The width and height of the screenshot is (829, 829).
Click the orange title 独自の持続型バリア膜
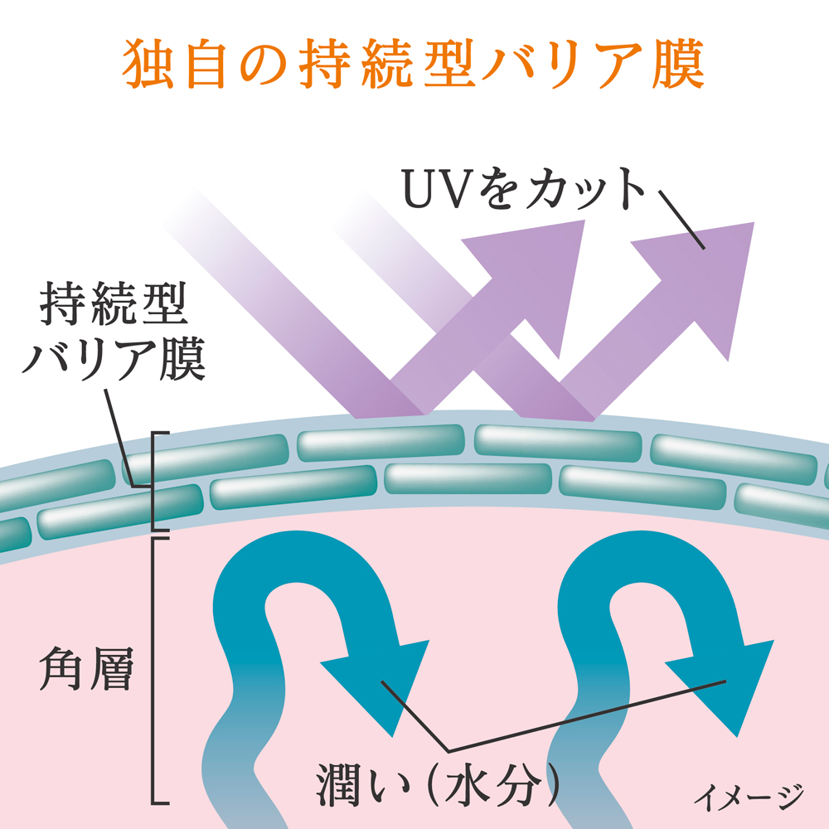pos(414,63)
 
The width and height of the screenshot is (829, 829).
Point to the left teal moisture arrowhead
pos(377,676)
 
